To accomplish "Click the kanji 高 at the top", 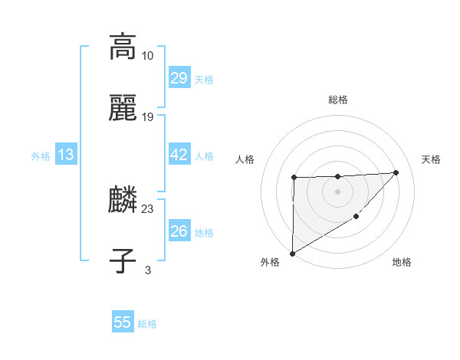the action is (123, 47).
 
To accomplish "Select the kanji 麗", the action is (123, 108).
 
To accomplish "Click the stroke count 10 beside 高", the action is (148, 56).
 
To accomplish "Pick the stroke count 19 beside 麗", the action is (148, 117).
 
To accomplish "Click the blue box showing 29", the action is (179, 78).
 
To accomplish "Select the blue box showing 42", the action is (179, 155).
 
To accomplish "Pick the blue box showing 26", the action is (179, 231).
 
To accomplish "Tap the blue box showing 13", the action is (66, 155).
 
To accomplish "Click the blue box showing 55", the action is (123, 322).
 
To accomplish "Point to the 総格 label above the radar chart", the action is (338, 100).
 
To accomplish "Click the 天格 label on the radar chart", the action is (431, 159).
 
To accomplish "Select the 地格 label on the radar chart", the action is (402, 263).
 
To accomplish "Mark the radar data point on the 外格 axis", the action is (292, 253).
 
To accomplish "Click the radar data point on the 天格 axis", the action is (396, 172).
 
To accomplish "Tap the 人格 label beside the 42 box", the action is (204, 156).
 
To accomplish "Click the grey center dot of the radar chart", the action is (337, 191).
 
